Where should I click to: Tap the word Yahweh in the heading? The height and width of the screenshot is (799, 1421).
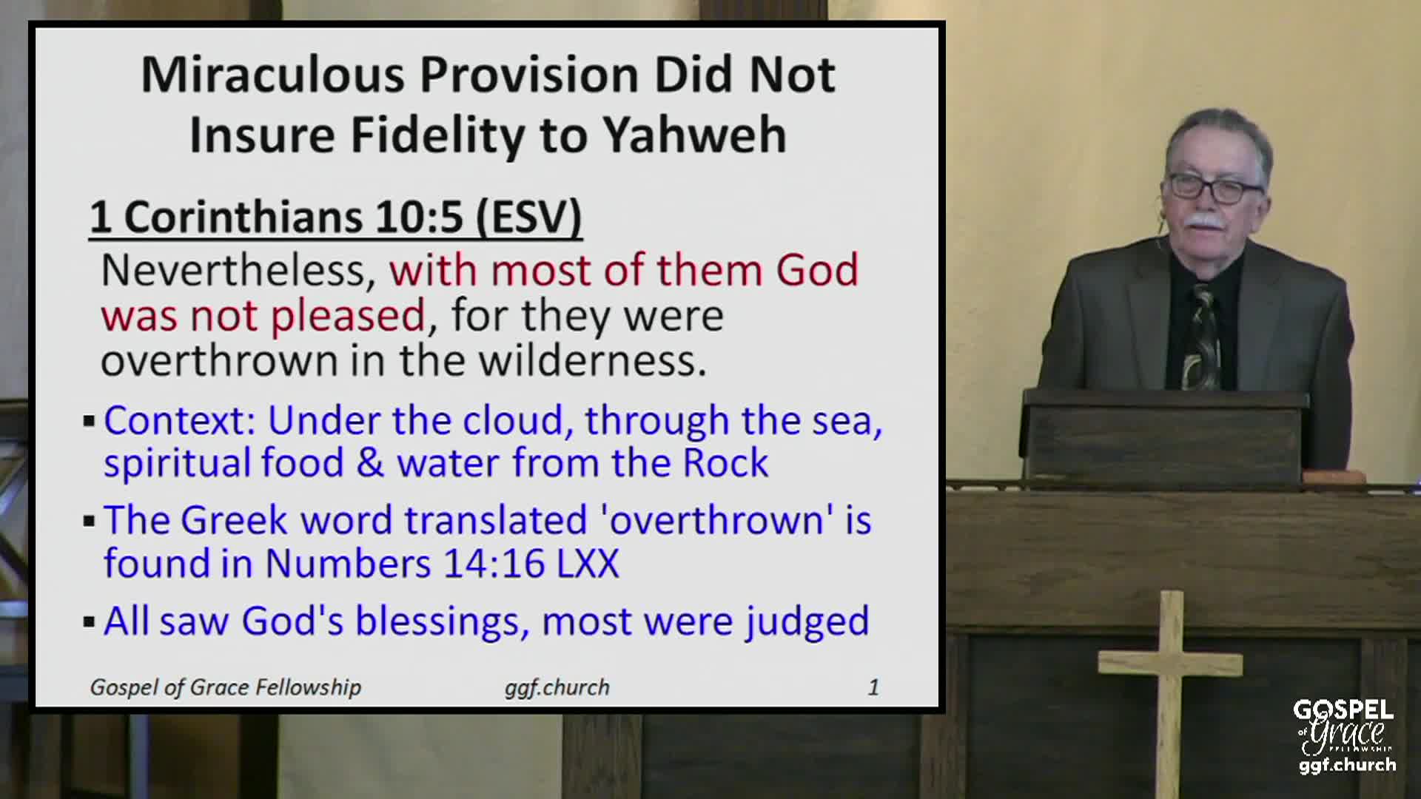pos(693,135)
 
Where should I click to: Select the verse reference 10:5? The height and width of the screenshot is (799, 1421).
pos(420,218)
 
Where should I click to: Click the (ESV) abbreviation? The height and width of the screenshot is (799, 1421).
pos(528,218)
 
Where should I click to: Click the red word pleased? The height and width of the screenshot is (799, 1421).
pos(347,316)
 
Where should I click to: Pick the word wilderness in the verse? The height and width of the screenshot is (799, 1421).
pos(592,361)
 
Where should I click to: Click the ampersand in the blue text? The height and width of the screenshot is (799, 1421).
pos(370,464)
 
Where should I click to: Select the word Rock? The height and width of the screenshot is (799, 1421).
pos(725,464)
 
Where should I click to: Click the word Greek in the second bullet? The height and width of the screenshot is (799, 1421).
pos(233,520)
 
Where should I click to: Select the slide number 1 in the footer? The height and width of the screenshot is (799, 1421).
pos(873,687)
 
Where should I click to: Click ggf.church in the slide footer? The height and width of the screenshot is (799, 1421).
pos(557,687)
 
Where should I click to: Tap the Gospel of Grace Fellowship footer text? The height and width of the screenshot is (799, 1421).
pos(226,687)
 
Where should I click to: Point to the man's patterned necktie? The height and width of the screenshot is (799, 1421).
pos(1200,337)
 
